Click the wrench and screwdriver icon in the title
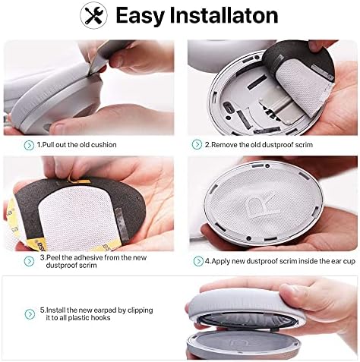[96, 15]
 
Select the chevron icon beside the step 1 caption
[28, 144]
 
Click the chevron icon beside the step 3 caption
[28, 258]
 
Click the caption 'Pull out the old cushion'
[80, 144]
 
